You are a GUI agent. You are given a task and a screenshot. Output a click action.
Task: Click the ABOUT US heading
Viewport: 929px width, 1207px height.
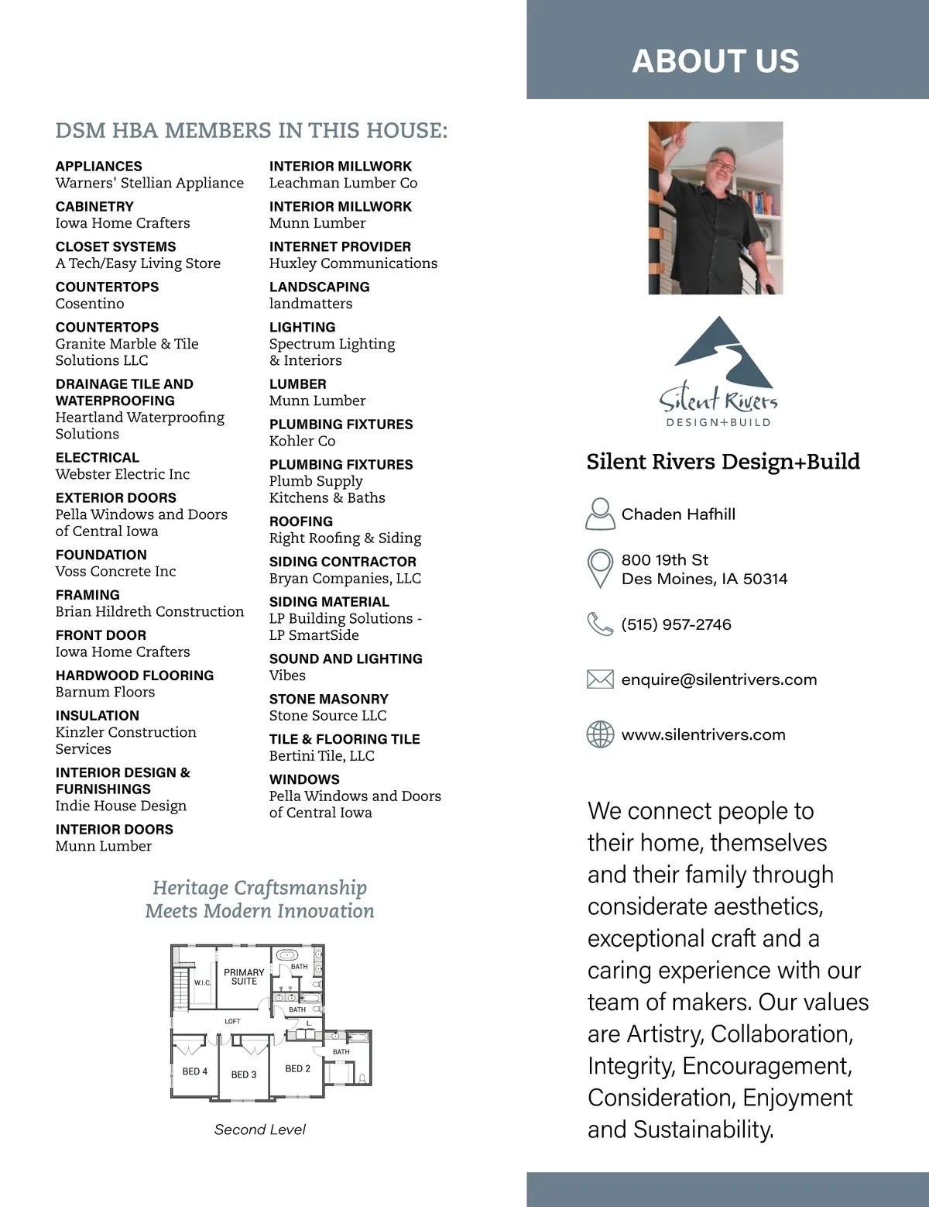(715, 61)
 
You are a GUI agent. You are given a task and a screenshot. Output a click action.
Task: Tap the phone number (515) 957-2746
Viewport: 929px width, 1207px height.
(676, 624)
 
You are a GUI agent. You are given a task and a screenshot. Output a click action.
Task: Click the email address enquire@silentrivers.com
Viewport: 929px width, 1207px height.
(718, 679)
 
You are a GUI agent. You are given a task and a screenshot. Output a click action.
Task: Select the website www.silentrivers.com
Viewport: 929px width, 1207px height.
(703, 734)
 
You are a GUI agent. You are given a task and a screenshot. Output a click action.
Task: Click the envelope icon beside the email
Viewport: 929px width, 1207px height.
(600, 679)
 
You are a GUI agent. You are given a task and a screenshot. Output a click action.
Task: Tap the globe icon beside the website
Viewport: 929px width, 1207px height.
(600, 734)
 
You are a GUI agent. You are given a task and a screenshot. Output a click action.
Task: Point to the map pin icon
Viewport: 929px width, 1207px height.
(600, 569)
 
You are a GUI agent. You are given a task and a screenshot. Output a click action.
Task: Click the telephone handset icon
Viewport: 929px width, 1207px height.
(600, 624)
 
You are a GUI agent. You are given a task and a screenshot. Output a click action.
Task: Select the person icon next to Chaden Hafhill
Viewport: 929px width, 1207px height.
(600, 514)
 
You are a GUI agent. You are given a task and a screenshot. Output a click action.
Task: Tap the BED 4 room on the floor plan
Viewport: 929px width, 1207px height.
(194, 1071)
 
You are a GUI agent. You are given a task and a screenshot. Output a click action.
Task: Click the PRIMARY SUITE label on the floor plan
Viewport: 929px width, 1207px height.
(244, 977)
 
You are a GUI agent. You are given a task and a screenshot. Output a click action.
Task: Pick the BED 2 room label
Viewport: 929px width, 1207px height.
(297, 1068)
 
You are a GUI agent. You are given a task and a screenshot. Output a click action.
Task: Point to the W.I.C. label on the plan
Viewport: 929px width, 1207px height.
(202, 982)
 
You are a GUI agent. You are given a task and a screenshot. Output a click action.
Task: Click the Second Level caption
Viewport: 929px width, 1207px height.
(259, 1130)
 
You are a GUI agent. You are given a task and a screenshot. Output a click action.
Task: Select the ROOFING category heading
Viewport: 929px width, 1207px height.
(301, 521)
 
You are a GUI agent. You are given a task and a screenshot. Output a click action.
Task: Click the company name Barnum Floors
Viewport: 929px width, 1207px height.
(105, 692)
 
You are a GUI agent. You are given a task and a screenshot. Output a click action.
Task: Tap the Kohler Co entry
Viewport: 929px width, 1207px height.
(302, 441)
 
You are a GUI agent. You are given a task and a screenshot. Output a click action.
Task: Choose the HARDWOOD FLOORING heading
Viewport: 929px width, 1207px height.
(135, 676)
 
